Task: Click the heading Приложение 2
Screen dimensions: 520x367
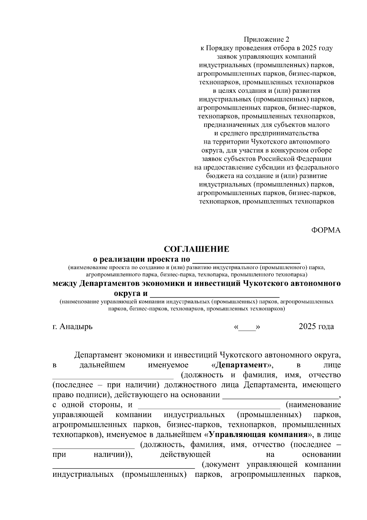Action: click(266, 40)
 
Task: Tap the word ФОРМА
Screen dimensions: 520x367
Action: click(326, 230)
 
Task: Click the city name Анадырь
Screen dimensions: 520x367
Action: click(76, 326)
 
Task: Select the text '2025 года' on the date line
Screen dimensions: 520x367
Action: click(316, 326)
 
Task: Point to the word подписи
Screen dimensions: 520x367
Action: click(91, 395)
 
